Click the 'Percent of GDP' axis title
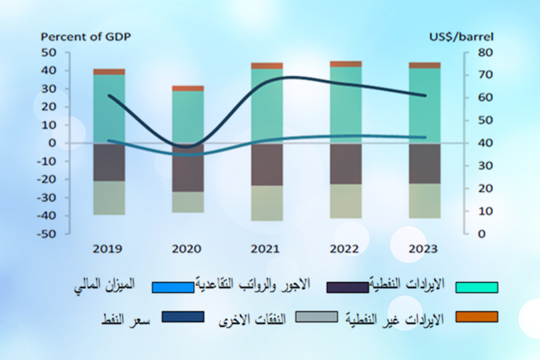click(x=86, y=37)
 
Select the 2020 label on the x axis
click(x=187, y=249)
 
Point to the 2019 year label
click(x=109, y=249)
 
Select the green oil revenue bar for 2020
click(x=188, y=117)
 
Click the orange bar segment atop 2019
click(x=109, y=71)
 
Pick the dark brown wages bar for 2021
click(x=267, y=164)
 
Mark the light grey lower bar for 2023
click(x=425, y=201)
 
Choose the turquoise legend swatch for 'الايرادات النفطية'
click(x=477, y=287)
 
